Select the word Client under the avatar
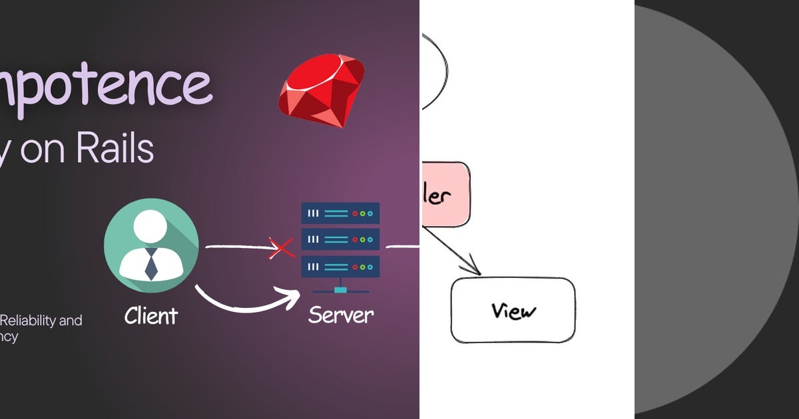(x=151, y=315)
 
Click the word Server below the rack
(x=341, y=315)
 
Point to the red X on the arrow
(x=281, y=248)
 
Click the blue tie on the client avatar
(x=151, y=264)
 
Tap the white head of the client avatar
(x=150, y=226)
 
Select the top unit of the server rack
(x=340, y=213)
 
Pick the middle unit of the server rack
(x=340, y=239)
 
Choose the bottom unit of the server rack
(x=340, y=267)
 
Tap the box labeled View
(x=513, y=310)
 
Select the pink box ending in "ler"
(x=445, y=195)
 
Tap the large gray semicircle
(x=712, y=209)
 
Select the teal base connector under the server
(x=340, y=290)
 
